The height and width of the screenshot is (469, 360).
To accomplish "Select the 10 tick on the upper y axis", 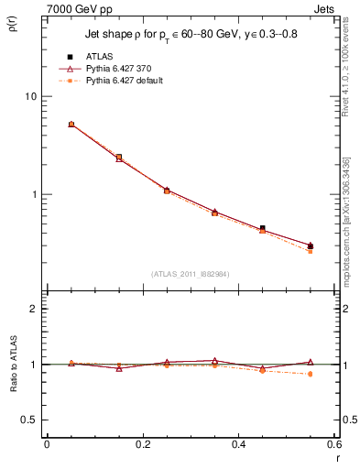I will point(32,96).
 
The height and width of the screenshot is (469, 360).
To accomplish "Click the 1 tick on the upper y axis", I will point(35,194).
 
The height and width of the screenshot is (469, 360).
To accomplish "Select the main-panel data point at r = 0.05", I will point(71,124).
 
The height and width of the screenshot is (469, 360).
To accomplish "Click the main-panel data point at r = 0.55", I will point(311,245).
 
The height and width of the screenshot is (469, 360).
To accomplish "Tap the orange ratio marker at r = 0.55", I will point(311,374).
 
